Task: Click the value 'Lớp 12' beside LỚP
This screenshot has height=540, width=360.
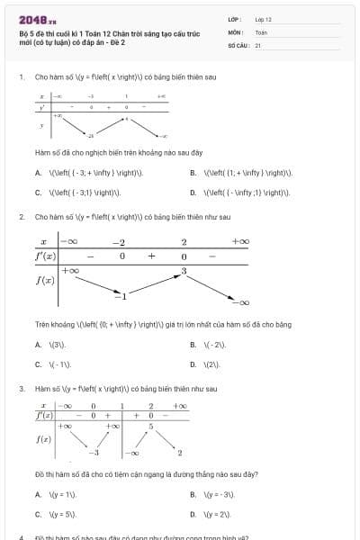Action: point(263,18)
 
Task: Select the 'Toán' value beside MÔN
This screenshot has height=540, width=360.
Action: point(261,31)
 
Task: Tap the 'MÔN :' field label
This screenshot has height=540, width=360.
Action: point(237,31)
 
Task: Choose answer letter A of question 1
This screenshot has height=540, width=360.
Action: point(38,173)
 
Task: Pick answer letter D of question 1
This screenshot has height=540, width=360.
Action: point(193,192)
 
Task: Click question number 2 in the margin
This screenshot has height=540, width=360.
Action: point(21,217)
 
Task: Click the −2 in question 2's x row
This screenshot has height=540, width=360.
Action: point(118,242)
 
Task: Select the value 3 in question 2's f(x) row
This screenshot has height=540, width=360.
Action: point(184,271)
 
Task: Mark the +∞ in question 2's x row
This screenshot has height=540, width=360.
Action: point(240,242)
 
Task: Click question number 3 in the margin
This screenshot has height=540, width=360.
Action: point(21,389)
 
